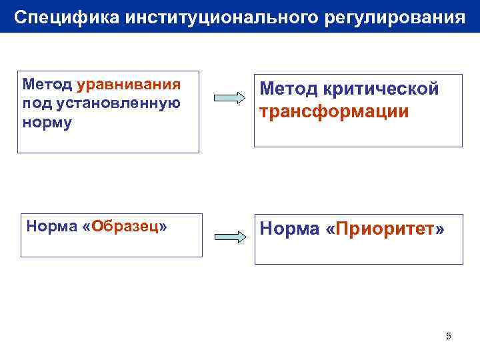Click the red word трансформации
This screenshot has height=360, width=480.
[335, 111]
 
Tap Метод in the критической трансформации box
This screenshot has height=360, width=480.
[285, 89]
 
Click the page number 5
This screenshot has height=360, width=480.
[448, 336]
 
